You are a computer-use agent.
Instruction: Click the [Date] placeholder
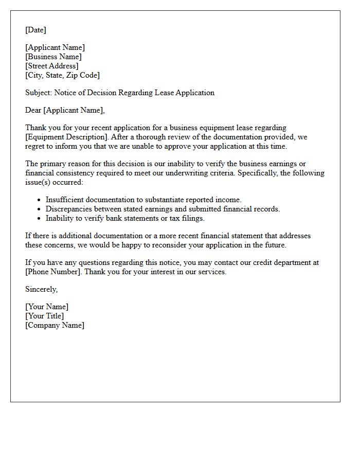pyautogui.click(x=35, y=30)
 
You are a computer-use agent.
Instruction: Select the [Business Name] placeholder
pyautogui.click(x=53, y=57)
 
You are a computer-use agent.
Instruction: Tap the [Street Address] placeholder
pyautogui.click(x=52, y=66)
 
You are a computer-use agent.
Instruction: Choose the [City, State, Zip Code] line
pyautogui.click(x=62, y=75)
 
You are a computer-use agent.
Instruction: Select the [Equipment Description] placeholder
pyautogui.click(x=66, y=137)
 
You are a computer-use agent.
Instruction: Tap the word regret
pyautogui.click(x=37, y=146)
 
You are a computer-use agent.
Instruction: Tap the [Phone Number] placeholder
pyautogui.click(x=53, y=272)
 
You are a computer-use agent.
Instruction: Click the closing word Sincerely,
pyautogui.click(x=41, y=289)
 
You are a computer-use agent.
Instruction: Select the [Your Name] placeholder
pyautogui.click(x=47, y=307)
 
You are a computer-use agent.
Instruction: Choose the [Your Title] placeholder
pyautogui.click(x=45, y=316)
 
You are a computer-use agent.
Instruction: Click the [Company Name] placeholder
pyautogui.click(x=55, y=325)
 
